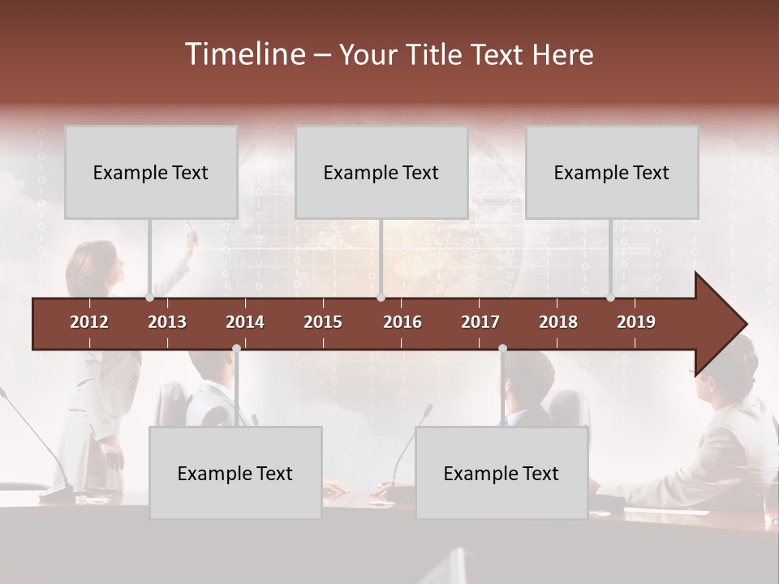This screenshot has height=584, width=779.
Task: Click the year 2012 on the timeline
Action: click(89, 322)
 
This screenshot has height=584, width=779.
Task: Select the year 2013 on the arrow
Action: click(167, 322)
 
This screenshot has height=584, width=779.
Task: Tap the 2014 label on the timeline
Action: click(245, 322)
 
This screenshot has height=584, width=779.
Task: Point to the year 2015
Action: click(323, 322)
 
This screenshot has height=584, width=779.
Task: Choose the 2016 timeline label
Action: click(402, 322)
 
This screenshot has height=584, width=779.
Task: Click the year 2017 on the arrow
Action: click(480, 322)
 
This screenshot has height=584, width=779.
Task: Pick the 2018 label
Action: click(558, 322)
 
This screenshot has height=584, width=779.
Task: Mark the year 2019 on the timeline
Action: click(636, 322)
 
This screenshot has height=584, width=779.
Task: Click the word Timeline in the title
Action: click(244, 54)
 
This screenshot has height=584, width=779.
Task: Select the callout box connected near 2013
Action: click(151, 172)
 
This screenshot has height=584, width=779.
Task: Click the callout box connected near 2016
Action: click(381, 172)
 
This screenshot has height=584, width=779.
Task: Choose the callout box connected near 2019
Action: click(612, 172)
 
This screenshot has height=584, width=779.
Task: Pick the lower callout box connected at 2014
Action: click(235, 473)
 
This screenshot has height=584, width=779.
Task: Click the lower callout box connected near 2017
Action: click(501, 473)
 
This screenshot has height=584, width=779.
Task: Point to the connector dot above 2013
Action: click(150, 298)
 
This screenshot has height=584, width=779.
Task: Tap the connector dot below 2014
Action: click(236, 349)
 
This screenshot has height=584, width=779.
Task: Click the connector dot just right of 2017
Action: click(502, 349)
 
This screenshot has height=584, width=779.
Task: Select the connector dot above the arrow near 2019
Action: click(611, 298)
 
